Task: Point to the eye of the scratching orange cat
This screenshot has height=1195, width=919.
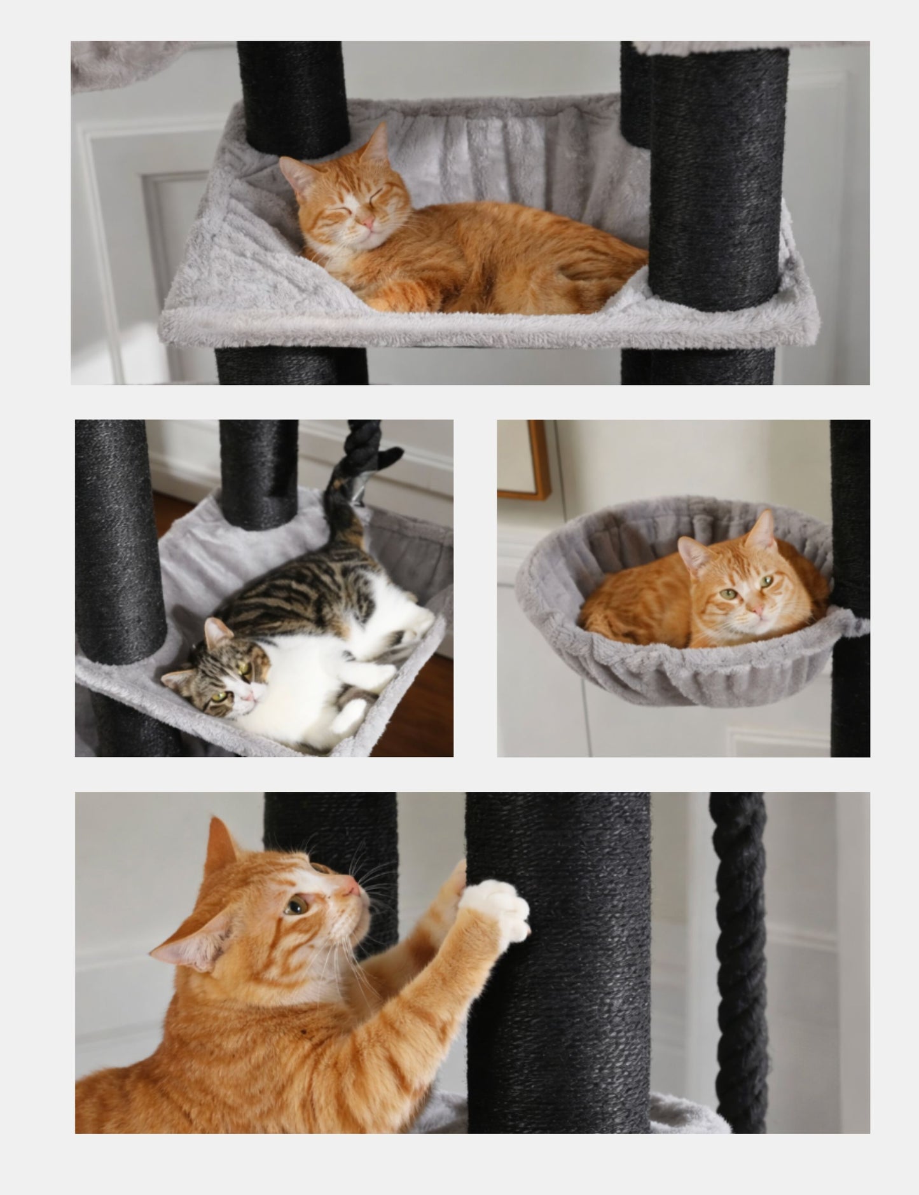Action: click(294, 906)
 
